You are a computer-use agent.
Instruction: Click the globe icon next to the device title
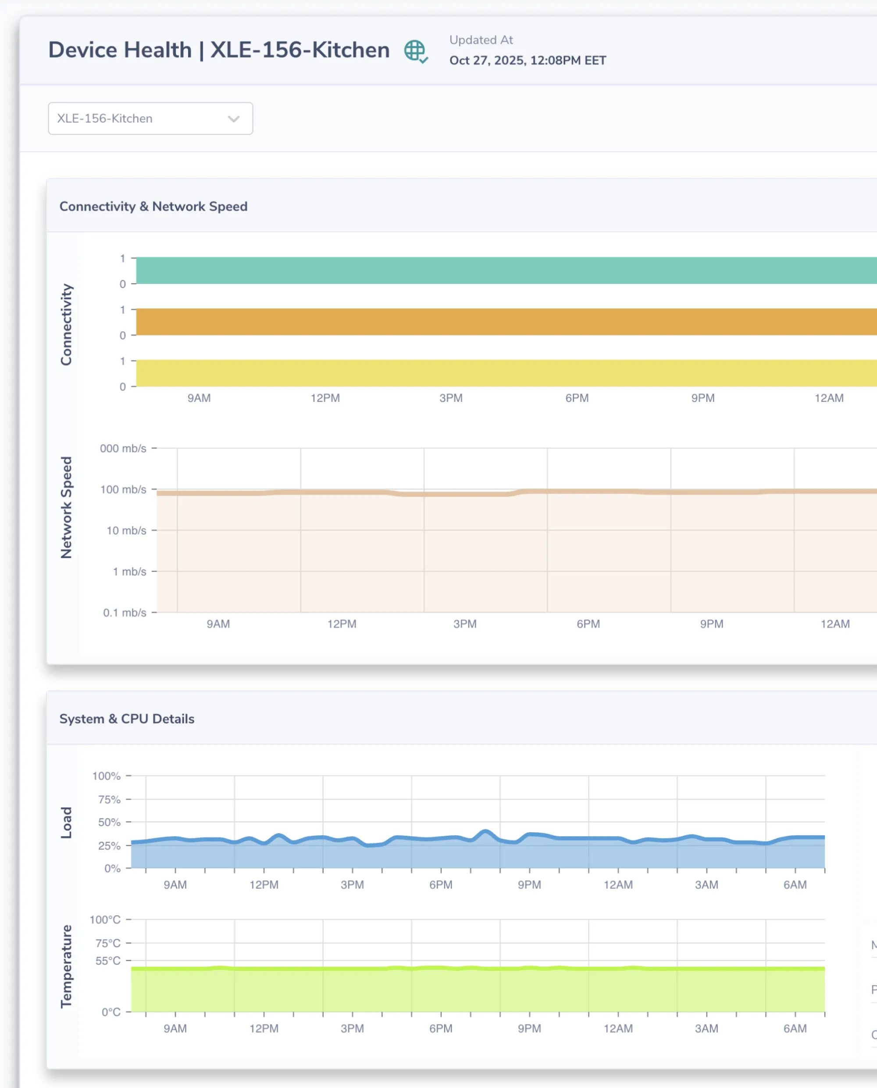[x=415, y=51]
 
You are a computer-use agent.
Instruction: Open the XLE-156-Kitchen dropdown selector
[x=150, y=118]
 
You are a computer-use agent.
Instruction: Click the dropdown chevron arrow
[x=233, y=119]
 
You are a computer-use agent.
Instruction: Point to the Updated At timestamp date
[x=528, y=61]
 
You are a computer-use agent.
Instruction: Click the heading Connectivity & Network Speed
[x=153, y=206]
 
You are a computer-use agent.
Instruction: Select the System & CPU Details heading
[x=127, y=719]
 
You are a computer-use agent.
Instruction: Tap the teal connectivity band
[x=505, y=270]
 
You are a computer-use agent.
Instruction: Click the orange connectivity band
[x=505, y=322]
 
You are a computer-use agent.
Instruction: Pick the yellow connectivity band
[x=505, y=373]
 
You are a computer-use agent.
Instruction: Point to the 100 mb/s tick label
[x=123, y=489]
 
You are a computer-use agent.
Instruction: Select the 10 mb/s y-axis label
[x=126, y=530]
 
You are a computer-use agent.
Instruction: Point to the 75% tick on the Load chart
[x=109, y=799]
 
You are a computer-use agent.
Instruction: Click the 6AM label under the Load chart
[x=795, y=884]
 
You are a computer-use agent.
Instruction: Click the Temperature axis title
[x=66, y=966]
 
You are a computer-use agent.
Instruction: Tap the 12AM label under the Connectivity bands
[x=828, y=398]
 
